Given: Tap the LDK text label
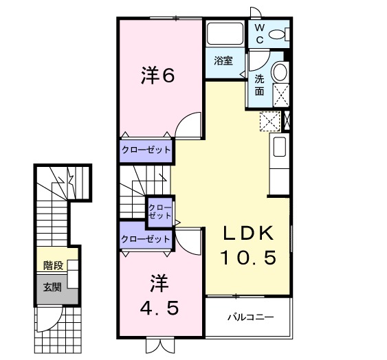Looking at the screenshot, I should click(248, 233).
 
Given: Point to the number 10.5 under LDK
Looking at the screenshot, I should click(248, 258).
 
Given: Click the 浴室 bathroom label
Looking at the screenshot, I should click(223, 60).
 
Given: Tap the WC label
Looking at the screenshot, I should click(260, 33).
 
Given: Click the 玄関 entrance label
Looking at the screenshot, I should click(52, 286).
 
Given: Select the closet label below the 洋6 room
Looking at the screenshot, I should click(146, 150).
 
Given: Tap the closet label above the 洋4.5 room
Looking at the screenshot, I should click(145, 239).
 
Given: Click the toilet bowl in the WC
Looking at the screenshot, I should click(279, 34).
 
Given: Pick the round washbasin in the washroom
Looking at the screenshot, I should click(280, 73).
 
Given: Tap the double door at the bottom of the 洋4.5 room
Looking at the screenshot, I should click(155, 344).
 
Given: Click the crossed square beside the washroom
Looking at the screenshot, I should click(269, 121).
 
